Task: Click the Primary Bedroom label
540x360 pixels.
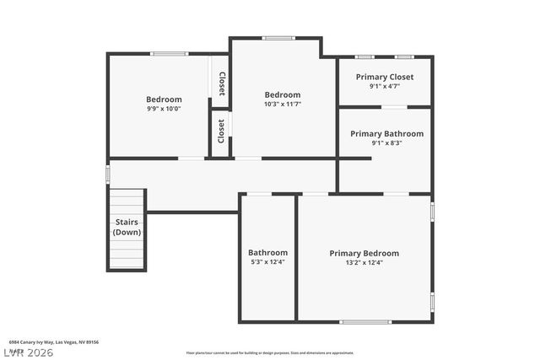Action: (364, 253)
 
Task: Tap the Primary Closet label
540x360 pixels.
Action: (384, 76)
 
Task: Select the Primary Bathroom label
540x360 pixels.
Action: (386, 133)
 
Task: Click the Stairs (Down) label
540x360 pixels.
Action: (127, 227)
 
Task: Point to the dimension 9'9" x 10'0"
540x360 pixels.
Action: (164, 108)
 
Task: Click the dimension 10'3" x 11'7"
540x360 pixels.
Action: (282, 104)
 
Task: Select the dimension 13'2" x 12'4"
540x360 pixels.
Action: (364, 262)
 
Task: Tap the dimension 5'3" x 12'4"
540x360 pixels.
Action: (267, 261)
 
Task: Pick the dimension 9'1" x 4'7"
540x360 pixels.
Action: (384, 85)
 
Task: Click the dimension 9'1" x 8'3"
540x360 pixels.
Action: (386, 142)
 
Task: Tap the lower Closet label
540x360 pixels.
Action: (221, 131)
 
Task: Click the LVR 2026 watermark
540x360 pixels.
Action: (27, 352)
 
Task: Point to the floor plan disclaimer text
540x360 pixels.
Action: (270, 353)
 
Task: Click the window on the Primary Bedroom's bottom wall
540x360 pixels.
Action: (365, 321)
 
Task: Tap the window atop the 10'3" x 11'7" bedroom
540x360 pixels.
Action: (278, 38)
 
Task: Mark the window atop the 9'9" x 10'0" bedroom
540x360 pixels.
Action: (169, 54)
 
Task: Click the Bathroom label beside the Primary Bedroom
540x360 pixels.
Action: (267, 252)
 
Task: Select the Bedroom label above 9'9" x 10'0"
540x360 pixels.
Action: (164, 99)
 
